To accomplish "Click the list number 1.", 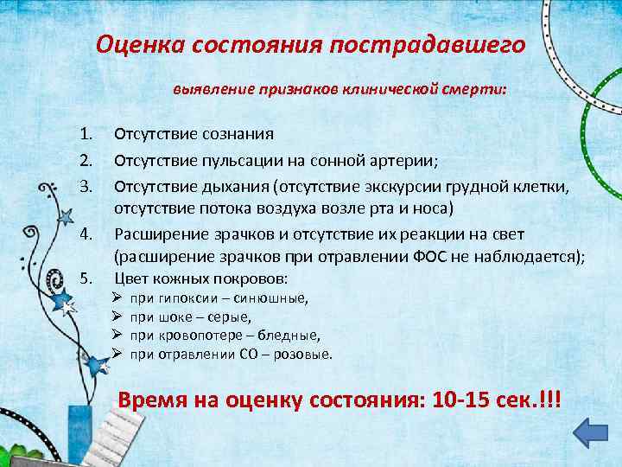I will point(85,134).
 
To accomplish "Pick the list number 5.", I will point(85,278).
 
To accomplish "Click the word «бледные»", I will point(289,336).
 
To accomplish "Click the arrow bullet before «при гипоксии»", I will point(117,299).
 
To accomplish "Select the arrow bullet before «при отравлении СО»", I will point(117,354).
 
